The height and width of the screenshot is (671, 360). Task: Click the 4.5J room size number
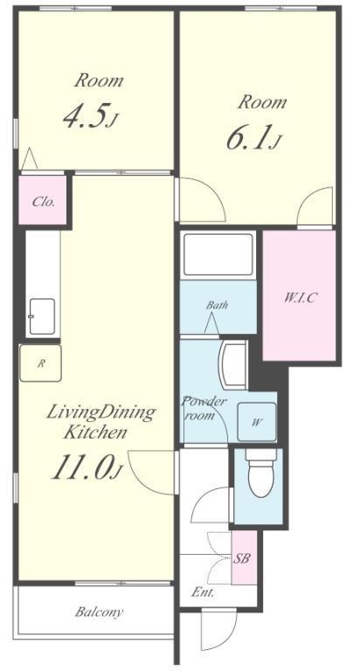90,116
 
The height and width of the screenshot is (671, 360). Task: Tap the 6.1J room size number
253,138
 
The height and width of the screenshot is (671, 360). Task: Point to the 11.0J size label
87,467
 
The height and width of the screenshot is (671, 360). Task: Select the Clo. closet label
43,202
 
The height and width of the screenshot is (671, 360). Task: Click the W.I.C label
300,297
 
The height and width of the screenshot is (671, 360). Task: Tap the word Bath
217,306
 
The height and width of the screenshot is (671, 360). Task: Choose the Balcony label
99,612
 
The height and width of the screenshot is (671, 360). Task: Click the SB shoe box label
241,558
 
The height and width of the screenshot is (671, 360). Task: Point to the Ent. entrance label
203,592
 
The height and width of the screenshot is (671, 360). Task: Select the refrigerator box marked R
41,363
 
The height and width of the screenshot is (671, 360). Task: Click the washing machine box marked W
257,422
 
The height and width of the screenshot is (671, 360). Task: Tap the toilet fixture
260,473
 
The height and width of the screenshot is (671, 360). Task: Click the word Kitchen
94,432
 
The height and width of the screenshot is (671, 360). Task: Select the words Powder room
204,408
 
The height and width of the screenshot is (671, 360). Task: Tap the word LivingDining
100,413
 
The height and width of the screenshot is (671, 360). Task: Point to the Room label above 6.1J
262,102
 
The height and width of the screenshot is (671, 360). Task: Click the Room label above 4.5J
99,80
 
